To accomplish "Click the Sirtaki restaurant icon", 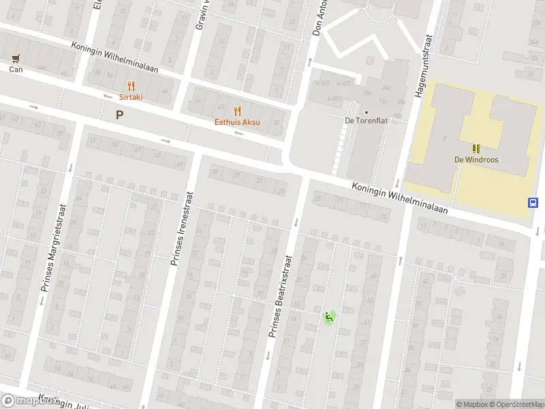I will click(131, 86).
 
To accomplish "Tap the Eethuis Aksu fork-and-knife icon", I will click(238, 111).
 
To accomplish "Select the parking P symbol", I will click(120, 115).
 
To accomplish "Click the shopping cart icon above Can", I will click(15, 59).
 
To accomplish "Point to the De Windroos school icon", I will click(476, 148).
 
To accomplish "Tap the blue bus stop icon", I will click(532, 202).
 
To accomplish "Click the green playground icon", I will click(328, 316).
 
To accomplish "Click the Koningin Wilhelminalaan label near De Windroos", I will click(400, 198).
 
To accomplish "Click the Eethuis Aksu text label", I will click(238, 123).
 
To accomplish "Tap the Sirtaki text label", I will click(131, 97).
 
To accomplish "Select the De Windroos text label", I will click(476, 160).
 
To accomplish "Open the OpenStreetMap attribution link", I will click(516, 404).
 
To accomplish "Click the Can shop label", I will click(15, 69).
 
